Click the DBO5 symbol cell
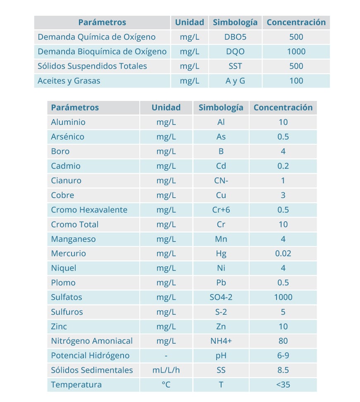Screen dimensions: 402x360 (235, 37)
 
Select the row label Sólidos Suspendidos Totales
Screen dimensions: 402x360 (92, 66)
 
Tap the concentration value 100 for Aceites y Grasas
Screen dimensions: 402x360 (296, 81)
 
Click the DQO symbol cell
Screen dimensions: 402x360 (235, 52)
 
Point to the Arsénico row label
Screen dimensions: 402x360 (67, 136)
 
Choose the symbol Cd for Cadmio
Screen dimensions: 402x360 (221, 166)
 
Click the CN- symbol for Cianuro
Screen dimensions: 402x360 (221, 180)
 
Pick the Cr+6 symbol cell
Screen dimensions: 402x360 (221, 210)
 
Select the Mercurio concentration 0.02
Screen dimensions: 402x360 (283, 254)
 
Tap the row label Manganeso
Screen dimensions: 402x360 (73, 239)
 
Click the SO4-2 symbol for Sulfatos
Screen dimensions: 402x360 (221, 297)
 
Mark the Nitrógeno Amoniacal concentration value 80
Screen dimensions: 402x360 (283, 341)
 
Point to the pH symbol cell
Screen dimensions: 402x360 (221, 356)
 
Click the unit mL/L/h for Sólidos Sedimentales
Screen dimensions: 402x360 (166, 370)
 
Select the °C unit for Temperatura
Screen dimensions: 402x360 (166, 385)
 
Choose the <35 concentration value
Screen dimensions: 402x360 (283, 385)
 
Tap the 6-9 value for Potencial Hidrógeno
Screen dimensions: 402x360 (283, 356)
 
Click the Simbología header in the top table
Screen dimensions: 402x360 (235, 22)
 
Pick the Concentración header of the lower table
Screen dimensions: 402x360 (283, 108)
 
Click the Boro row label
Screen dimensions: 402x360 (60, 151)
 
